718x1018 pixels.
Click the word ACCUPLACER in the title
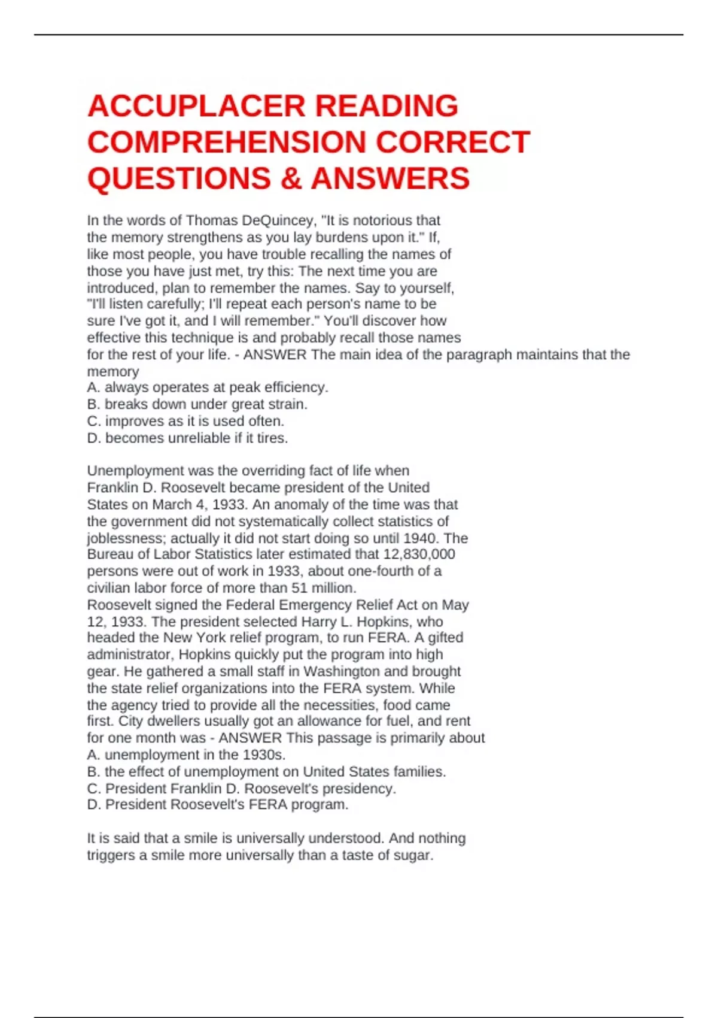click(x=197, y=106)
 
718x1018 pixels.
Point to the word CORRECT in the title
click(x=453, y=143)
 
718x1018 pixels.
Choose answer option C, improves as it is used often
click(x=185, y=421)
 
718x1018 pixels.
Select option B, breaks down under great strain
click(x=197, y=404)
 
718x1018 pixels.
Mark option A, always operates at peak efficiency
click(x=208, y=387)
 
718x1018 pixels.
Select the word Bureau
click(x=110, y=555)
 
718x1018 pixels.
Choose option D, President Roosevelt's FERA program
click(x=218, y=805)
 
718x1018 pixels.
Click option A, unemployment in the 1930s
click(x=187, y=755)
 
